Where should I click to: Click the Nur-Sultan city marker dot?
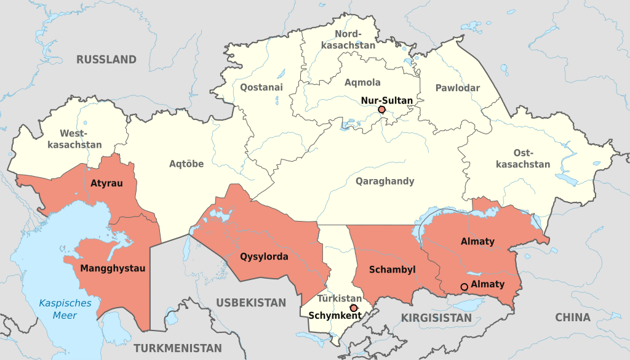tap(381, 110)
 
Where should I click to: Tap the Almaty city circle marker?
tap(464, 287)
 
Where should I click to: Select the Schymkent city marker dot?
tap(353, 308)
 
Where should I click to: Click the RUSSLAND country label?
tap(106, 60)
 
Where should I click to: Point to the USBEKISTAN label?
tap(251, 303)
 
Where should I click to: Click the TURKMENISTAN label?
tap(178, 348)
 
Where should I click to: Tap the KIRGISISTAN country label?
tap(436, 318)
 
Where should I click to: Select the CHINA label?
tap(572, 318)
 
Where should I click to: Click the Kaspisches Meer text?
tap(65, 309)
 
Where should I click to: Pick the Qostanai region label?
tap(261, 87)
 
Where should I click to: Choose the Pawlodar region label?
tap(457, 88)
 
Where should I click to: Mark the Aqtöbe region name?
tap(186, 164)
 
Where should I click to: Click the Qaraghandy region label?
tap(385, 181)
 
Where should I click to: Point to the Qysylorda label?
tap(264, 257)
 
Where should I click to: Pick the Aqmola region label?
tap(362, 82)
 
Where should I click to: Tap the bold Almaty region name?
tap(477, 242)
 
